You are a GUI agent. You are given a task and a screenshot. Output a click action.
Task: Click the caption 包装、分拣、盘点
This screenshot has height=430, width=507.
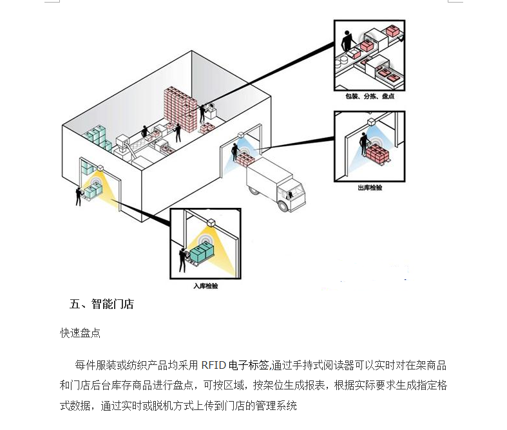click(x=370, y=97)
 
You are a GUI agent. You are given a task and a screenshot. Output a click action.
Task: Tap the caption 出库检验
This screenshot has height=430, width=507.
click(x=370, y=188)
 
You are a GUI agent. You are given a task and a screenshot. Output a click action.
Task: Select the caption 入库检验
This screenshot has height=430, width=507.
click(x=206, y=285)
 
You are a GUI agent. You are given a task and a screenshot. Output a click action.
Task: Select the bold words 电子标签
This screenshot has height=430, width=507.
click(x=248, y=366)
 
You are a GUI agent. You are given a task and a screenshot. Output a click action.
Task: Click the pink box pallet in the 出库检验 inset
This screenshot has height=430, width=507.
click(x=376, y=154)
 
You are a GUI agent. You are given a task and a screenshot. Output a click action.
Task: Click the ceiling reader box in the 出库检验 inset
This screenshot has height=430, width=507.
click(x=372, y=122)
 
